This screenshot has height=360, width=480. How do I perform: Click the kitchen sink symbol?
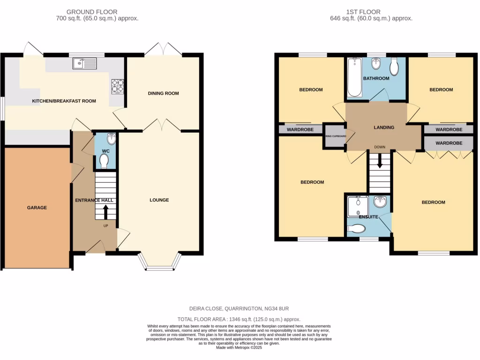click(x=84, y=63)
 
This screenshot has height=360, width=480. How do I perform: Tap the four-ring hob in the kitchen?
click(x=117, y=87)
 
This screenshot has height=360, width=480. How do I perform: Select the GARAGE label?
click(x=37, y=207)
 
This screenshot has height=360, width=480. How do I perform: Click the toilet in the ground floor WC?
click(x=104, y=161)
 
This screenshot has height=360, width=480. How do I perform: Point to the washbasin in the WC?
click(x=111, y=139)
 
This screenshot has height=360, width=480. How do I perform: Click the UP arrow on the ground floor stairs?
click(x=105, y=212)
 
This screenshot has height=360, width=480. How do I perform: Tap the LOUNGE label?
click(x=159, y=200)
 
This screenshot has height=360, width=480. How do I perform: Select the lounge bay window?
click(x=159, y=262)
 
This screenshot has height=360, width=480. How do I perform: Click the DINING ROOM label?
click(x=164, y=93)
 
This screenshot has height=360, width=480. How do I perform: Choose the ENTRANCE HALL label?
click(x=94, y=200)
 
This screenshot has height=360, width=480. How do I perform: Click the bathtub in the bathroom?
click(x=355, y=77)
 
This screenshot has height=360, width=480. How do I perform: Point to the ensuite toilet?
click(x=357, y=228)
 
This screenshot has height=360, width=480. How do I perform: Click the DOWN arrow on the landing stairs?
click(x=380, y=162)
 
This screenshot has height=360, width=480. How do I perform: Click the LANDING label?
click(x=384, y=127)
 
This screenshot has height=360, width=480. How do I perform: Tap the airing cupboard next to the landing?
click(x=335, y=137)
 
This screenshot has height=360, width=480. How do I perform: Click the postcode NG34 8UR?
click(x=281, y=308)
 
